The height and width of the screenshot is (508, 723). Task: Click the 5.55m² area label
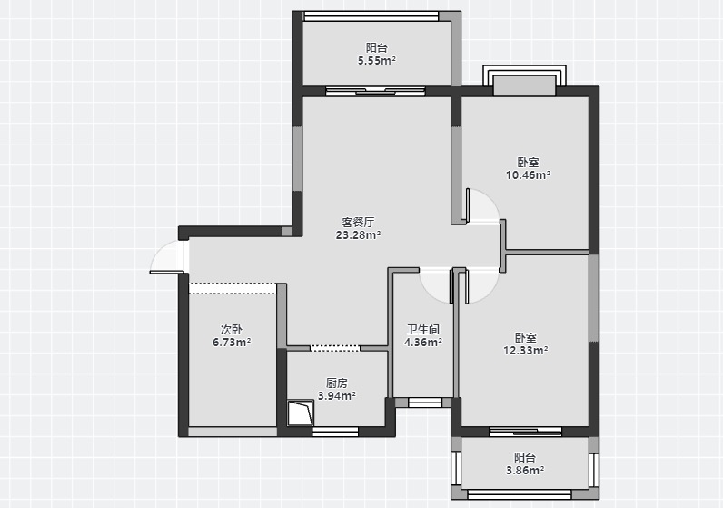click(377, 61)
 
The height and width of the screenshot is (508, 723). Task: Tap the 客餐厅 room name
click(358, 223)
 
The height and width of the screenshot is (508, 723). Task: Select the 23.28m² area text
click(358, 235)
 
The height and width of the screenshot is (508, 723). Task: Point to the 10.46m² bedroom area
click(528, 175)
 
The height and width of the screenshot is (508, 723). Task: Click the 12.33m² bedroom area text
click(525, 351)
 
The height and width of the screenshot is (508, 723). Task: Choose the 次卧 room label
click(232, 330)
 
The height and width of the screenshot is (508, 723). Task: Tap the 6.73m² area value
click(232, 343)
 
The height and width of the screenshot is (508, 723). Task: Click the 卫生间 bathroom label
click(423, 330)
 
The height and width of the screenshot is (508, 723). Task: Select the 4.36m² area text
click(423, 343)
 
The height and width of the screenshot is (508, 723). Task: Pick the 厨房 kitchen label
click(337, 383)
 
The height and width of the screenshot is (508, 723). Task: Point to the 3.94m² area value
click(337, 396)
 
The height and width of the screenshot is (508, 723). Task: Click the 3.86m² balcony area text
click(525, 471)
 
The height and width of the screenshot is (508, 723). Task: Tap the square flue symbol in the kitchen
click(300, 413)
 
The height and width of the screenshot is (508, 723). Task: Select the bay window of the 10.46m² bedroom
click(524, 80)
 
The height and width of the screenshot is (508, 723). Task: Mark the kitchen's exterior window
click(335, 432)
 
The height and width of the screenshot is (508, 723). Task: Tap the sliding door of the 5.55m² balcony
click(375, 91)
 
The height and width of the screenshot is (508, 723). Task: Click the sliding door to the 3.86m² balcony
click(525, 432)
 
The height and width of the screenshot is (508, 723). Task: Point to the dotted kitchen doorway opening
click(335, 348)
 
